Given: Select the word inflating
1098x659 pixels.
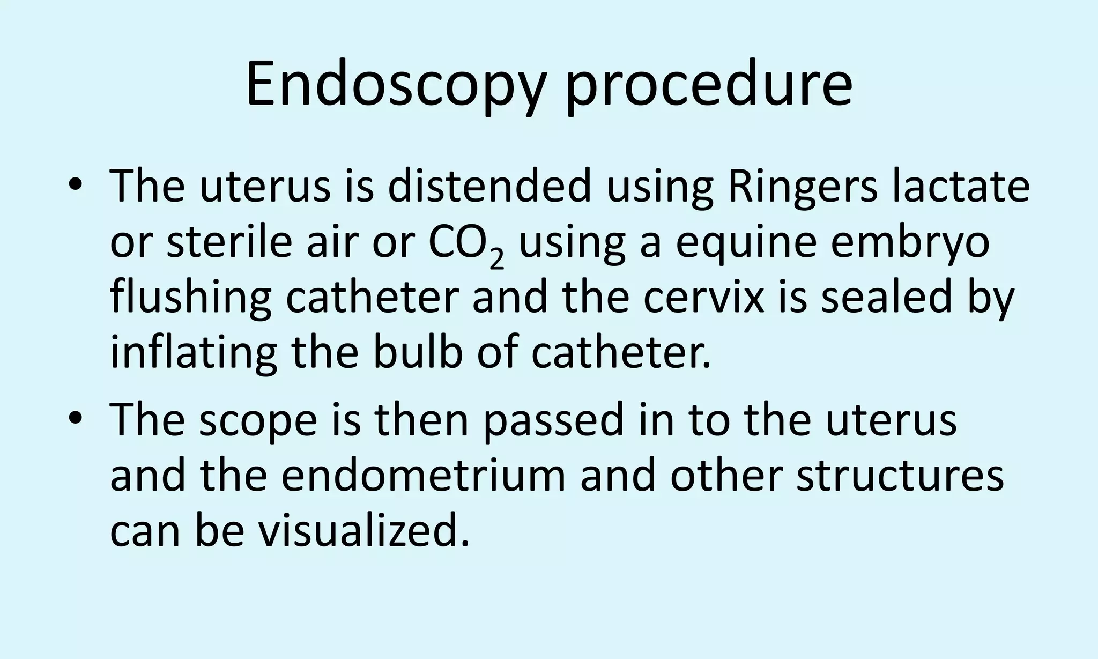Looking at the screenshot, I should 194,354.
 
